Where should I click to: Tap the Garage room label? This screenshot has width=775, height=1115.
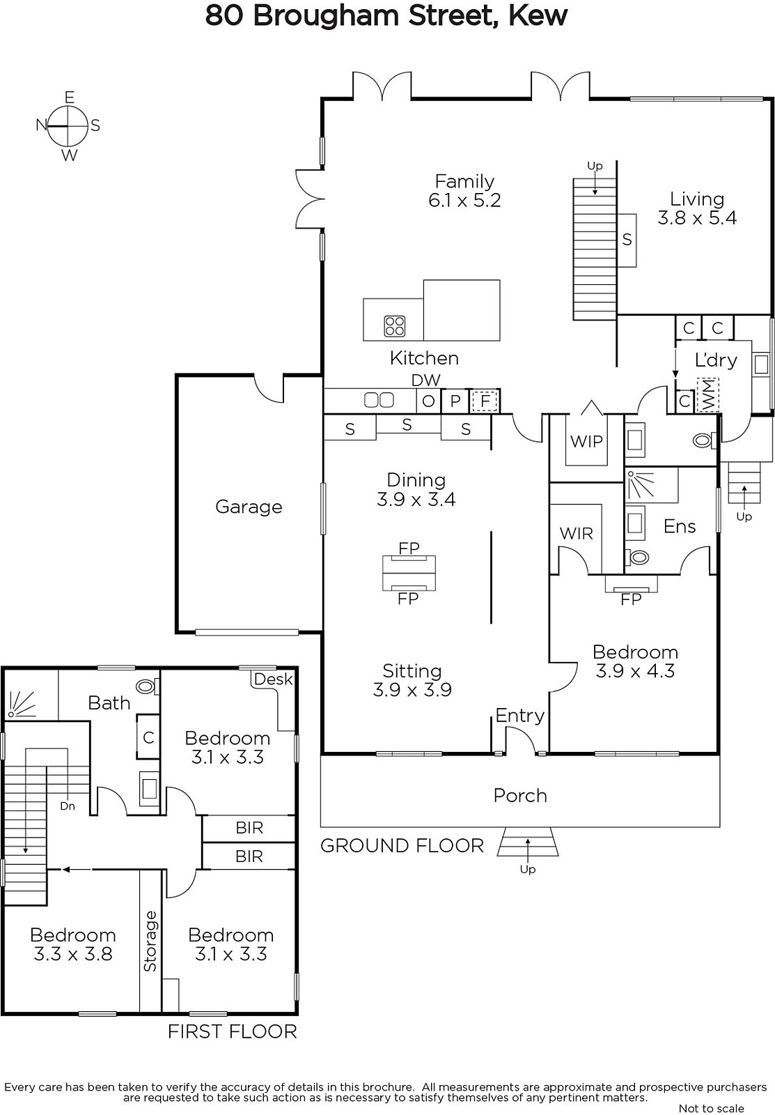click(x=249, y=507)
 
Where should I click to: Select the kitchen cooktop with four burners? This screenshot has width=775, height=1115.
click(x=395, y=327)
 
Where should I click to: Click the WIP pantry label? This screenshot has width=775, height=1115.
click(x=586, y=441)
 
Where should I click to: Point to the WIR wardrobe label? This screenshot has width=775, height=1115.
click(x=576, y=534)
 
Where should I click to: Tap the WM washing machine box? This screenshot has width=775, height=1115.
click(x=708, y=395)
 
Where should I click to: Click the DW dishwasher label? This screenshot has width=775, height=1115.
click(x=426, y=380)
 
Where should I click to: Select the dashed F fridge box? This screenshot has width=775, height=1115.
click(x=485, y=401)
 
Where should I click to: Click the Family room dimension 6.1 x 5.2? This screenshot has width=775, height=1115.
click(x=464, y=200)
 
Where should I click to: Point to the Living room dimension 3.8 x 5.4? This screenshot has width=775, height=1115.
click(x=697, y=217)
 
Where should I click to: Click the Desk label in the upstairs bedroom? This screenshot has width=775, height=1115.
click(x=273, y=679)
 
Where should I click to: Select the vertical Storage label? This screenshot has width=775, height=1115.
click(x=150, y=941)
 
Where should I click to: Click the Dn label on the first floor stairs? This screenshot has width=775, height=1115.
click(x=67, y=806)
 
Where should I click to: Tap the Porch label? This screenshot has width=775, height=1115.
click(x=520, y=796)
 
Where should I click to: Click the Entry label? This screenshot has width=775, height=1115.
click(x=520, y=716)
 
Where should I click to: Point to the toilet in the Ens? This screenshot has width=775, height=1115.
click(x=639, y=557)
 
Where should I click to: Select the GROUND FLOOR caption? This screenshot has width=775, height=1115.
click(x=402, y=846)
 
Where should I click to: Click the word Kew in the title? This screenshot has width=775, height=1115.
click(x=538, y=15)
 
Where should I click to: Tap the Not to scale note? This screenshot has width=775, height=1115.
click(x=712, y=1108)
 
